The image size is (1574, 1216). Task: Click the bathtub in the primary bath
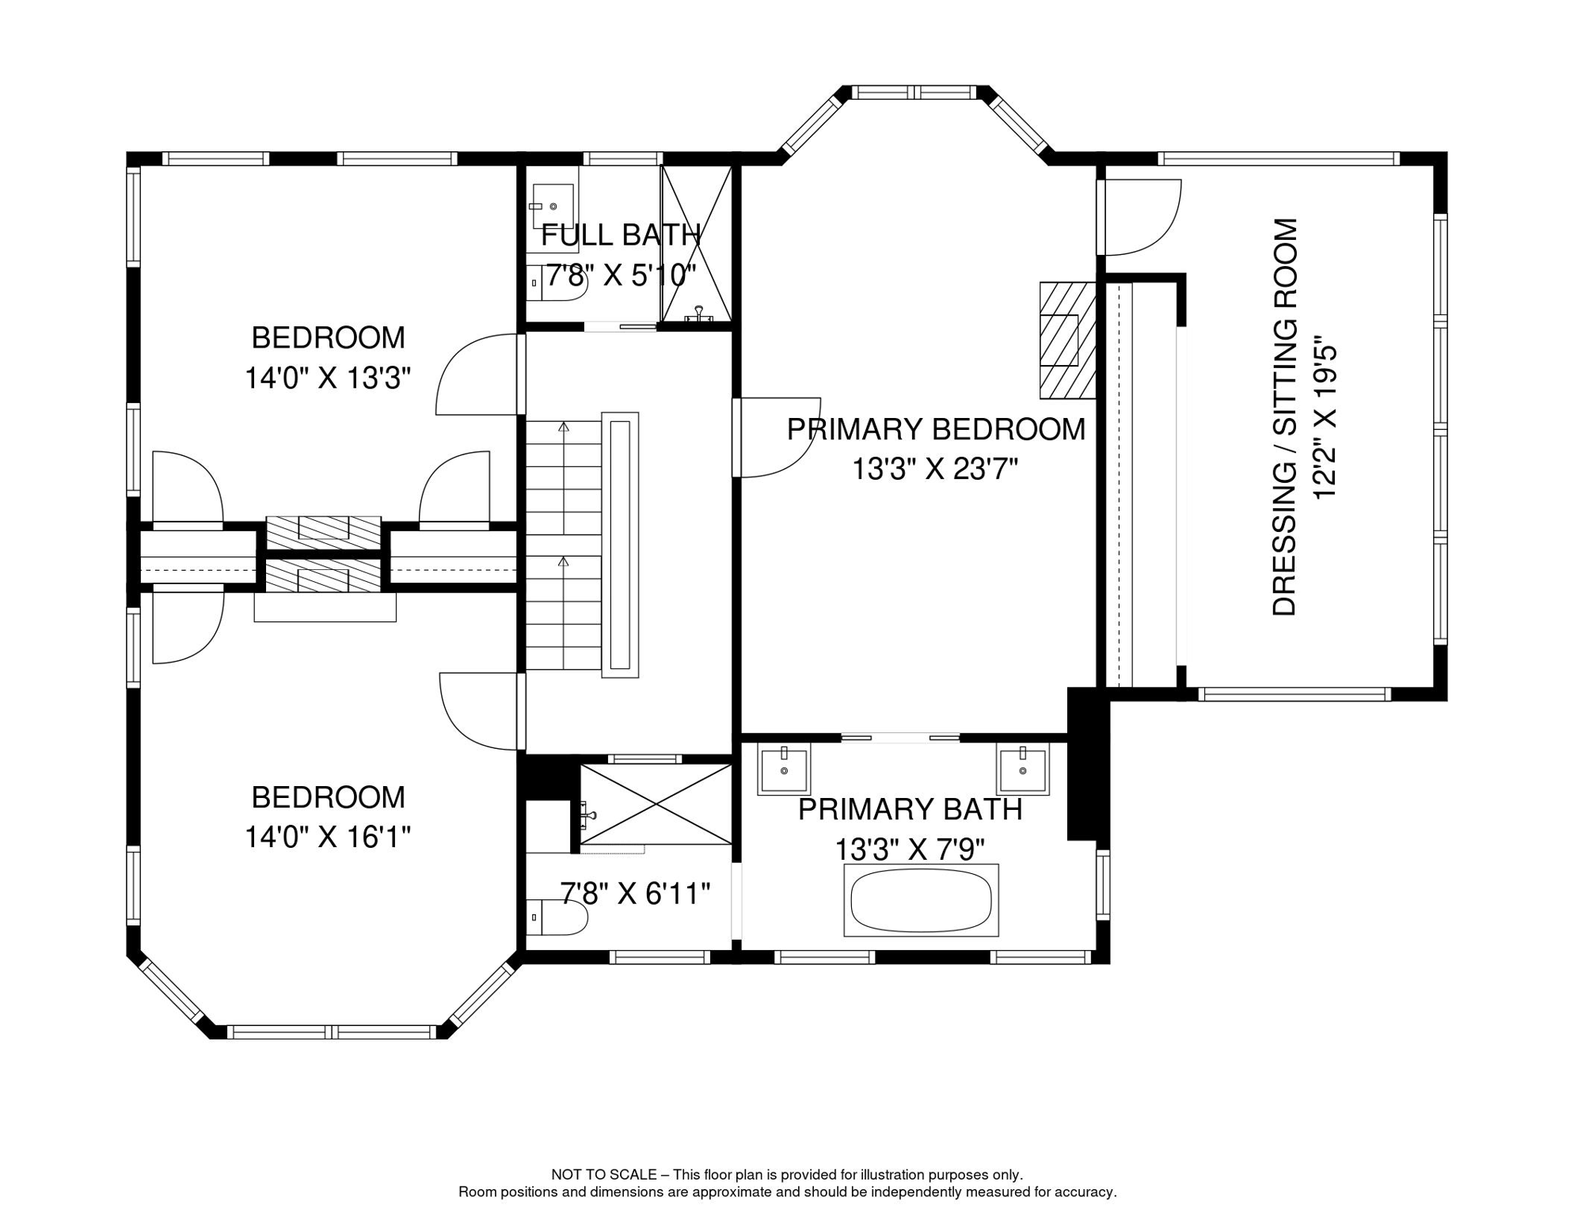point(921,900)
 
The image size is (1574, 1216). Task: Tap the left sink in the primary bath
point(784,769)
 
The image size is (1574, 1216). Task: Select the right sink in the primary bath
point(1022,769)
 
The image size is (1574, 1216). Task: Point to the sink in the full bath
point(553,207)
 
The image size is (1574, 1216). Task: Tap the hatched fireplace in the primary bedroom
point(1067,340)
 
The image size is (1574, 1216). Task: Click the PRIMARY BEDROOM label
point(936,429)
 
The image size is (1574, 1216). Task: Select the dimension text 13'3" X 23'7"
point(935,469)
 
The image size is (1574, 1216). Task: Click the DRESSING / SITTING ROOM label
point(1285,417)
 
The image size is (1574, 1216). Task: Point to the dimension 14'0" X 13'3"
point(328,378)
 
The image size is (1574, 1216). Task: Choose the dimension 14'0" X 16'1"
point(328,837)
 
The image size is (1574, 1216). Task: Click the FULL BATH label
point(621,235)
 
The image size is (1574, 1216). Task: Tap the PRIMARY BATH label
point(911,810)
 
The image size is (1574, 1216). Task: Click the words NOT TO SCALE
point(604,1175)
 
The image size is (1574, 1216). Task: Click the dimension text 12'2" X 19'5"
point(1325,421)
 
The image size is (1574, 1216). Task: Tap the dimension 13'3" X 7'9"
point(911,849)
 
